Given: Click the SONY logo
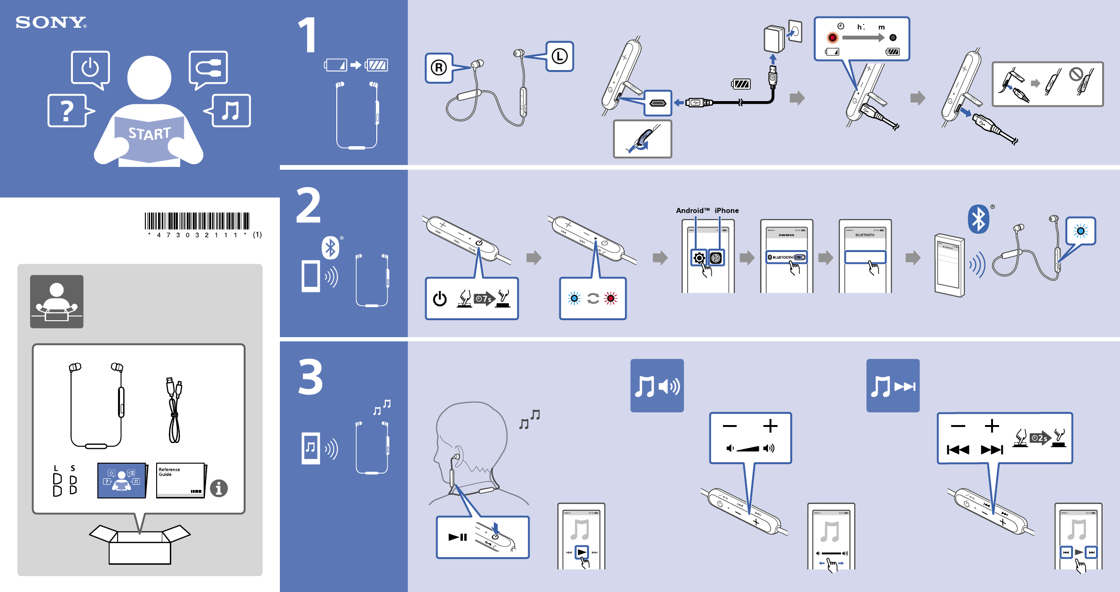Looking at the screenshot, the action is tap(51, 22).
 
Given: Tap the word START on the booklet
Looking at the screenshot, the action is tap(150, 134).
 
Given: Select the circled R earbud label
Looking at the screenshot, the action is tap(438, 68).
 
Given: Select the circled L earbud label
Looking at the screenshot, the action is tap(559, 56).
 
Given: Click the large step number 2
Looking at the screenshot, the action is tap(309, 205).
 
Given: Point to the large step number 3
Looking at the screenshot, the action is tap(310, 377).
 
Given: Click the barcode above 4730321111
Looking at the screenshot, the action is tap(197, 221).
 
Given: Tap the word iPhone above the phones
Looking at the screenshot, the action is tap(727, 211).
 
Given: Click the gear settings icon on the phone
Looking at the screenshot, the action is tap(699, 258).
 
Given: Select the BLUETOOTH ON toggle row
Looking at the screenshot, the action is tap(786, 257).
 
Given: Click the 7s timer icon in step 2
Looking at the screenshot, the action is tap(484, 299).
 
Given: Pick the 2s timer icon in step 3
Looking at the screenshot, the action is tap(1040, 438).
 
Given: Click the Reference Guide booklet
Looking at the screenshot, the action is tap(181, 480).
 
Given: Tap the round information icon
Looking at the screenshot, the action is tap(219, 488).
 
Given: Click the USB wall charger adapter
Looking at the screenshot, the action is tap(774, 39).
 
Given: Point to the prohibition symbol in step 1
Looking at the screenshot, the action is tap(1076, 74).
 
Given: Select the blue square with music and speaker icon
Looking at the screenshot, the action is tap(657, 386).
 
